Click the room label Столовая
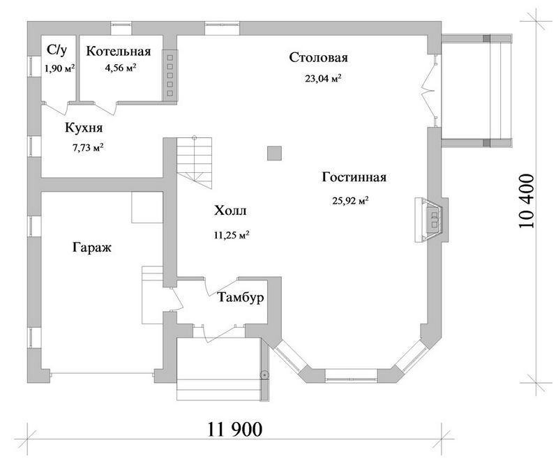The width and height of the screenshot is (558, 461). tap(318, 57)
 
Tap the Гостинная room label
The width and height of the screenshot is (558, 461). tap(354, 176)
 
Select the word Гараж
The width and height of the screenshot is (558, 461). tap(92, 247)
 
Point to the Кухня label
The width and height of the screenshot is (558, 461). tap(84, 128)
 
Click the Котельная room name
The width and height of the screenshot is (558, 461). tap(119, 51)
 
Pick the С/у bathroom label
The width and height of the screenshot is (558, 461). tap(57, 50)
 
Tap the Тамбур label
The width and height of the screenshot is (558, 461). tap(241, 296)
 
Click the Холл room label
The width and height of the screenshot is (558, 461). tap(230, 211)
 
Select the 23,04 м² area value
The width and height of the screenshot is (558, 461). tap(323, 78)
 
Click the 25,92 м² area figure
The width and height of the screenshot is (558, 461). tap(351, 201)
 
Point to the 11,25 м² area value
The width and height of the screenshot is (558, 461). tap(232, 235)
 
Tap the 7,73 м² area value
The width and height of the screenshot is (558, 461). tap(89, 147)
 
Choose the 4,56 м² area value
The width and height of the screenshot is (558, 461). tap(121, 68)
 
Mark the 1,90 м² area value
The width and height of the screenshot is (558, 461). tap(59, 68)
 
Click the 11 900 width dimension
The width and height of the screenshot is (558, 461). tap(235, 430)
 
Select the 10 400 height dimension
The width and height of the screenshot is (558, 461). tap(527, 201)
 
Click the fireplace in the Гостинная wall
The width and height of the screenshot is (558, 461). tap(431, 220)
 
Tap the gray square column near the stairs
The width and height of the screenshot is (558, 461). tap(274, 153)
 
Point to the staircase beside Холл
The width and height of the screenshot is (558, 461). tap(195, 163)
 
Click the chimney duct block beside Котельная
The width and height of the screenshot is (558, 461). tap(169, 75)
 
